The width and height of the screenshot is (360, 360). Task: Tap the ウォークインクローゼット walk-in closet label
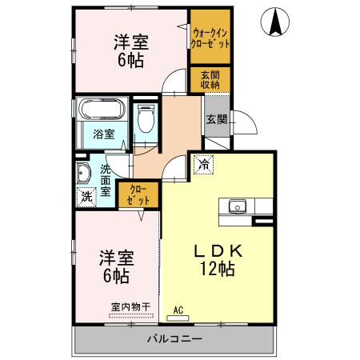[212, 38]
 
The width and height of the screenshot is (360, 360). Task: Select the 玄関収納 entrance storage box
[211, 80]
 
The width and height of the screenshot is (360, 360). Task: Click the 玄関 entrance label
[215, 120]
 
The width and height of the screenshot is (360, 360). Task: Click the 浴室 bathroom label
[103, 134]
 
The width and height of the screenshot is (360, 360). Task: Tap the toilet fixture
[145, 121]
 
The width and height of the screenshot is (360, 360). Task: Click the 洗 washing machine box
[86, 194]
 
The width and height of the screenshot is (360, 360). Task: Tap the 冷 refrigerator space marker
[205, 165]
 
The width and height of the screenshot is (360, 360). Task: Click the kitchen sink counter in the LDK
[237, 207]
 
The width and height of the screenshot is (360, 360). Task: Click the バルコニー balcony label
[174, 339]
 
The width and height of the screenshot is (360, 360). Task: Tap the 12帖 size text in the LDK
[217, 270]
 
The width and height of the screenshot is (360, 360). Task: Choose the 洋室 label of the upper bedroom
[129, 42]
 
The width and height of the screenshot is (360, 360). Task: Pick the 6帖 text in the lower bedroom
[116, 277]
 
